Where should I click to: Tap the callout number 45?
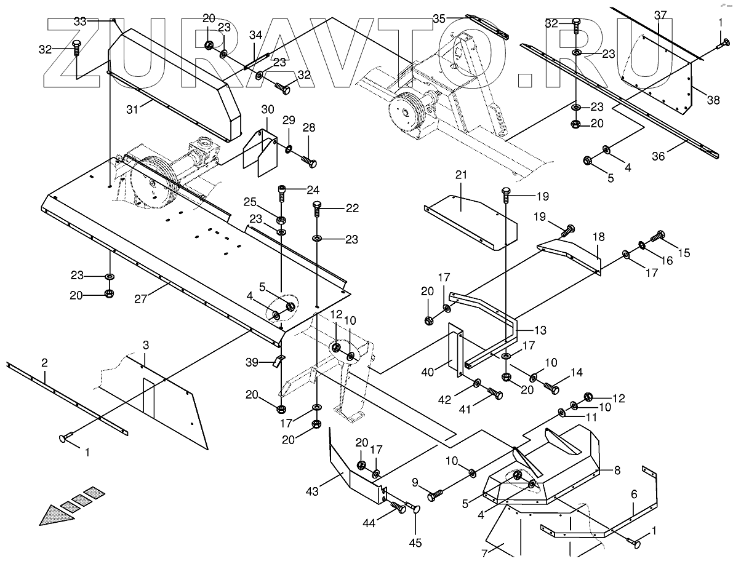coord(416,542)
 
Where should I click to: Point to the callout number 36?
coord(659,157)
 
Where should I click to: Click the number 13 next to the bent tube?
coord(540,330)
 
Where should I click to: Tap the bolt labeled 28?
coord(310,162)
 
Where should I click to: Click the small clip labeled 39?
coord(278,360)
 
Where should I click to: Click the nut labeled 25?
coord(281,220)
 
